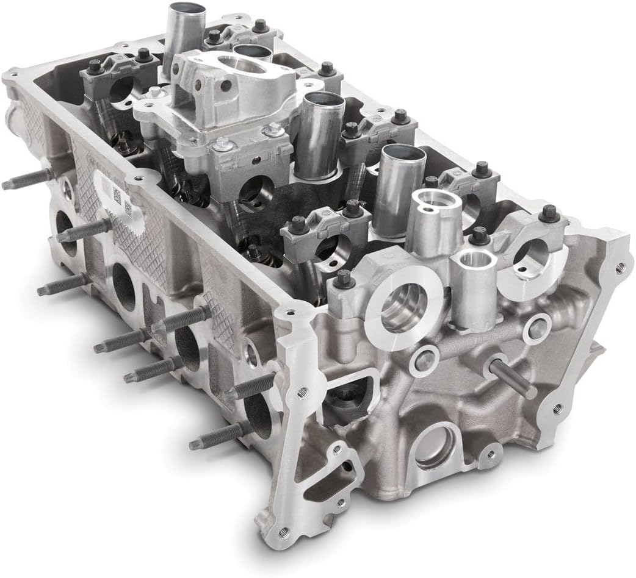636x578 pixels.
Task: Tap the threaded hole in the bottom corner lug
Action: tap(283, 532)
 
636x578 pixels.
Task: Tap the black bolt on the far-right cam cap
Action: tap(549, 213)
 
